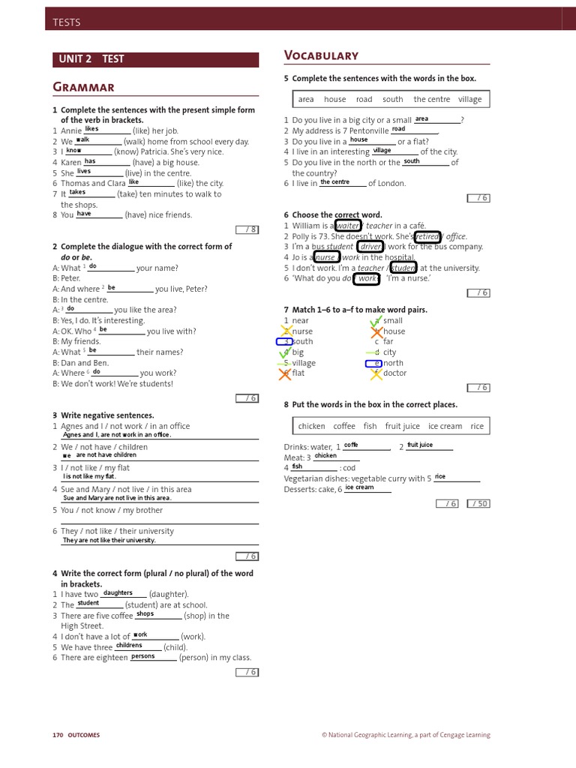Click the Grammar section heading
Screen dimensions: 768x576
[83, 88]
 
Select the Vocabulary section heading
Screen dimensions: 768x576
[321, 55]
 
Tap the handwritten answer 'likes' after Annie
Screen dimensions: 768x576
[91, 129]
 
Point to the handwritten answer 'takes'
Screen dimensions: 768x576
[77, 192]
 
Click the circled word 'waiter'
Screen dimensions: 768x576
[348, 226]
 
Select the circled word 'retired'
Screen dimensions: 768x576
[427, 236]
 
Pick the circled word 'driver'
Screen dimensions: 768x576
[370, 247]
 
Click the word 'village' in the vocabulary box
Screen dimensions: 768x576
[470, 99]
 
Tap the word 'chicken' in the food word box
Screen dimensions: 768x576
[311, 426]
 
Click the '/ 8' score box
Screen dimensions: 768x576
[247, 229]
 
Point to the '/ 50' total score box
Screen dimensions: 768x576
[478, 503]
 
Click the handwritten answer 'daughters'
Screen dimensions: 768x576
[118, 592]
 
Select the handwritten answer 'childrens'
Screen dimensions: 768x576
[129, 645]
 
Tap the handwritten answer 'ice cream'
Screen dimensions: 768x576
[359, 487]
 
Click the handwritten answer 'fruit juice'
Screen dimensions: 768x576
[420, 445]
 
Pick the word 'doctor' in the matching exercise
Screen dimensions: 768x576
[394, 373]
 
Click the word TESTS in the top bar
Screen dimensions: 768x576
[67, 22]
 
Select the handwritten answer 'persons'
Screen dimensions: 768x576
[142, 656]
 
